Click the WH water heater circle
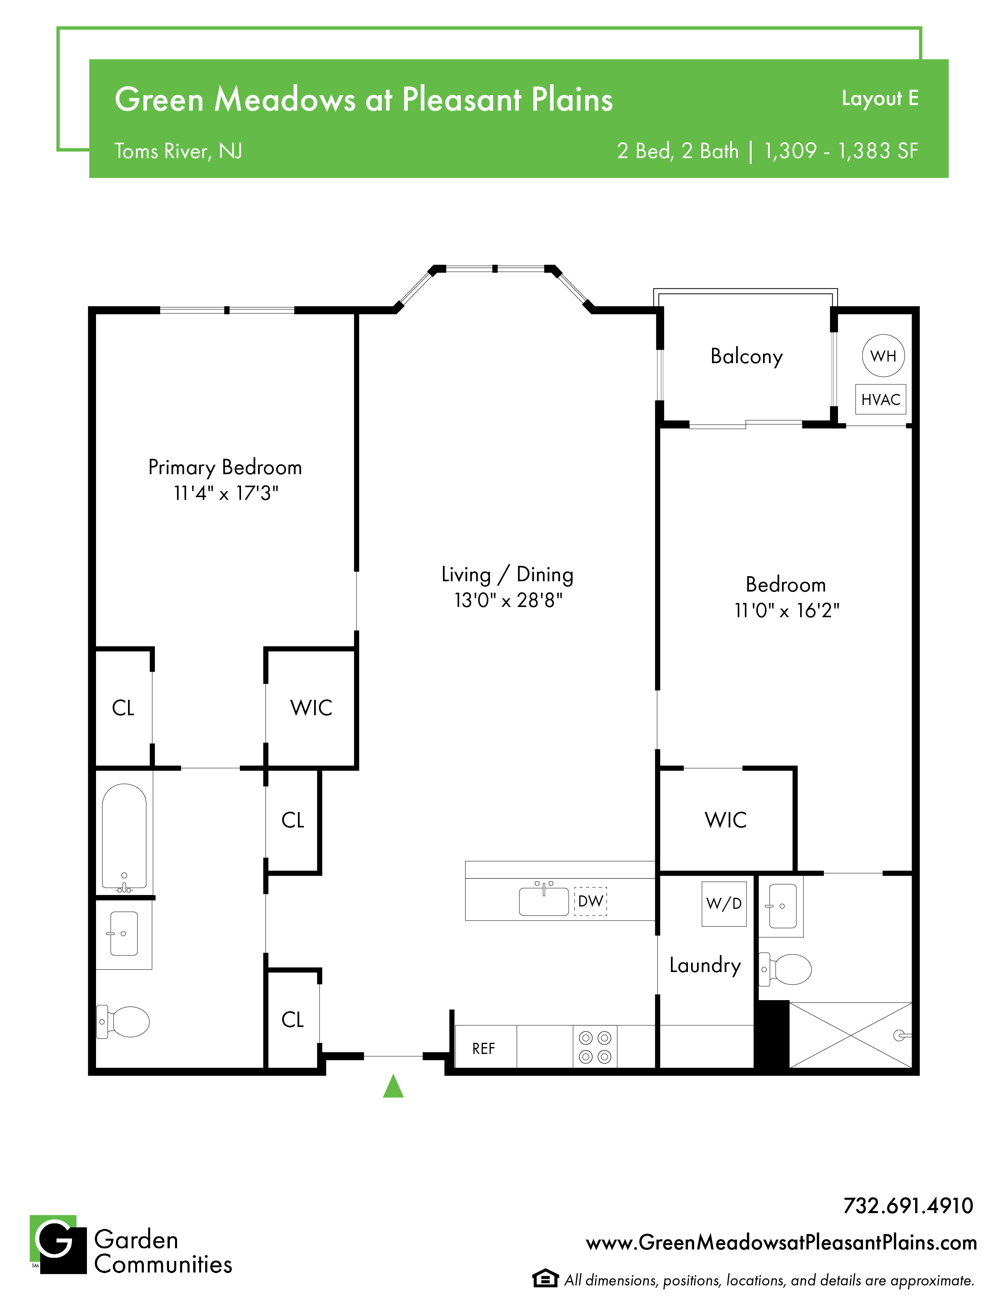(883, 356)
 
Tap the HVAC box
(881, 399)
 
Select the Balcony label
(746, 356)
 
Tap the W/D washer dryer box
(724, 903)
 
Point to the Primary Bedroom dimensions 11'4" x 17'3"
(226, 493)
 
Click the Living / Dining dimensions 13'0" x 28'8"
(508, 600)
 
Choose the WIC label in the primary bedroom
(311, 708)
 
